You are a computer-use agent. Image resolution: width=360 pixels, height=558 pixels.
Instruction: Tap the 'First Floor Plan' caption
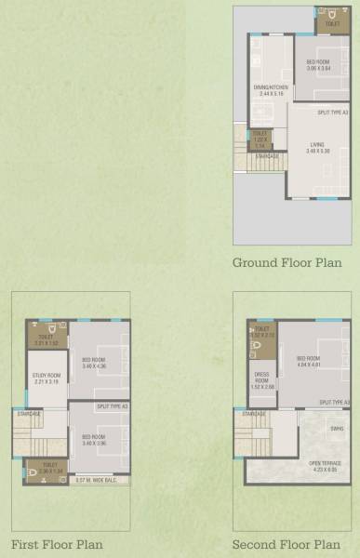coord(57,545)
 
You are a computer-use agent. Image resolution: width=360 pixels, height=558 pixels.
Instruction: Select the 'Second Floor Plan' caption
coord(287,545)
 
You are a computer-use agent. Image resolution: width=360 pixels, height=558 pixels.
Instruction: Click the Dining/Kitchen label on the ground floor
coord(272,91)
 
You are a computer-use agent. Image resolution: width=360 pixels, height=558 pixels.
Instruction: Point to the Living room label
coord(318,148)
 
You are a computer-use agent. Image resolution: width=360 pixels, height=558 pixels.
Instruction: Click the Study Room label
coord(47,379)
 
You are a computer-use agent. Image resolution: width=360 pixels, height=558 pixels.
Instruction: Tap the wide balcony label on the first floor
coord(95,480)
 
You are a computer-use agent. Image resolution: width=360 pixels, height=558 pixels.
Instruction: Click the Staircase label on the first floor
coord(29,413)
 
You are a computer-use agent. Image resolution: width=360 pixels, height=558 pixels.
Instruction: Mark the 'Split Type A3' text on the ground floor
coord(332,113)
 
